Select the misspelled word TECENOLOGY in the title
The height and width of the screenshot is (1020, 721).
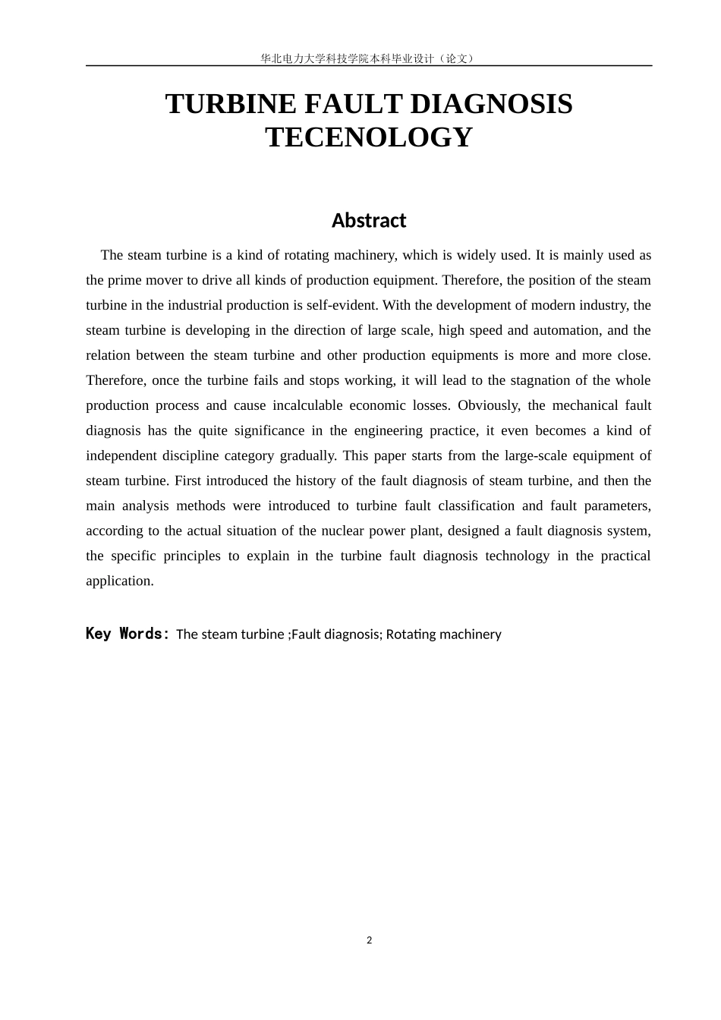369,137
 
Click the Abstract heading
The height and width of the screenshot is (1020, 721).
369,221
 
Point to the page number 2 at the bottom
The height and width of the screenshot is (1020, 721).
370,940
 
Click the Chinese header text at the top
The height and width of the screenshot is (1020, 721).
369,58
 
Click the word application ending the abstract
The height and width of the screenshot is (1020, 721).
118,581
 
